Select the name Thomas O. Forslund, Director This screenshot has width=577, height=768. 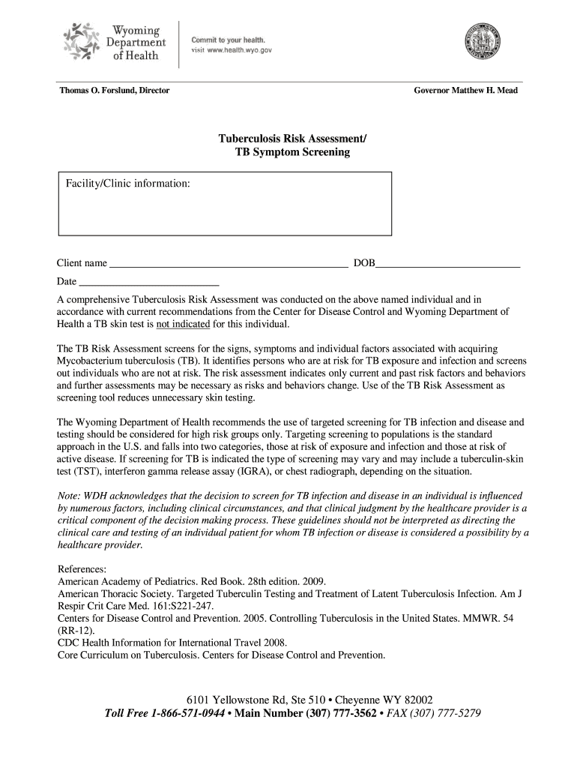pos(115,91)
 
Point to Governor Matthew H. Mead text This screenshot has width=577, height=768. pos(465,91)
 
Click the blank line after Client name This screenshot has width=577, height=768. pos(229,264)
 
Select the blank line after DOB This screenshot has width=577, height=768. pos(448,264)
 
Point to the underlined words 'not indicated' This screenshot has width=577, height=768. pos(183,325)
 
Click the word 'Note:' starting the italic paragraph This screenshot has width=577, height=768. pos(70,496)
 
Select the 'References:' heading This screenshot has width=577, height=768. pos(82,569)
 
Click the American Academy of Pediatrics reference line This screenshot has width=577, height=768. pos(192,581)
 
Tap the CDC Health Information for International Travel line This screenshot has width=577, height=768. pos(172,643)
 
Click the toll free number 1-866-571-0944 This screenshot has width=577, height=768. pos(187,713)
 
